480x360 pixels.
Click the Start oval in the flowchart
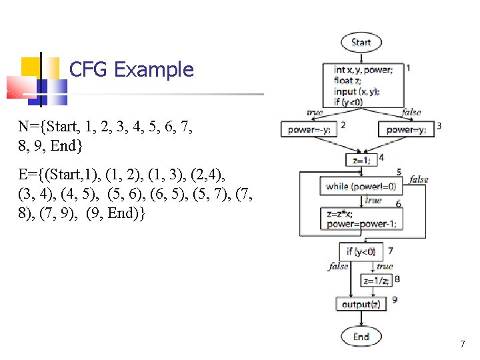coord(361,42)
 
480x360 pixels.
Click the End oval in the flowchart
coord(361,336)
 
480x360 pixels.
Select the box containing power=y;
coord(406,130)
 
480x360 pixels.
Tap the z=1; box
coord(361,160)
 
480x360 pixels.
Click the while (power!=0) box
coord(361,187)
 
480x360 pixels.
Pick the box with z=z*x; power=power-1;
coord(361,219)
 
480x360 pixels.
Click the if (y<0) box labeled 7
coord(361,251)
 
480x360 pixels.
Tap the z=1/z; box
coord(377,281)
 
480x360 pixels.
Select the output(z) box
coord(361,305)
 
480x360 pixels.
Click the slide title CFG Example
coord(131,69)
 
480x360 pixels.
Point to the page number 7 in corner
coord(462,345)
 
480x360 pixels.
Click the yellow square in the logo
coord(31,67)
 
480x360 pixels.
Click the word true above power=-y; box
coord(315,113)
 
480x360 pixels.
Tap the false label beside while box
coord(419,179)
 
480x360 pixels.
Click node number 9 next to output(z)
coord(395,300)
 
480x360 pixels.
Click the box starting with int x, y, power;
coord(363,85)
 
